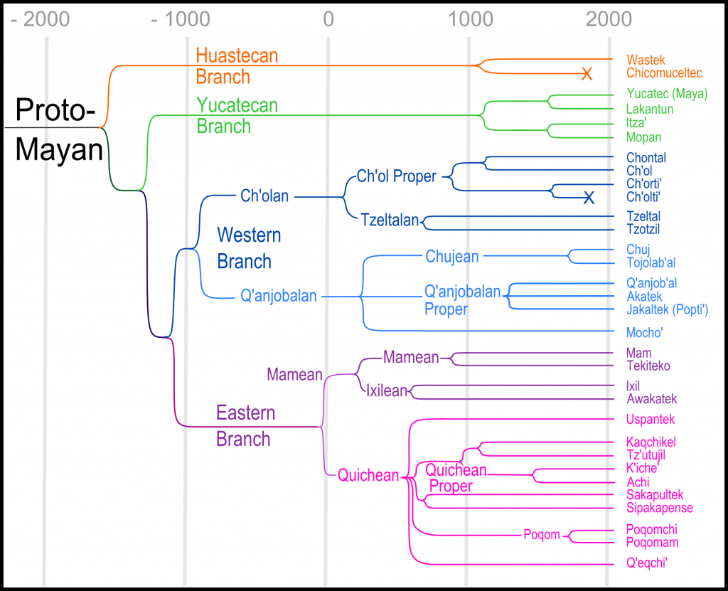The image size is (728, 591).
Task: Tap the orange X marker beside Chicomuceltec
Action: pyautogui.click(x=587, y=73)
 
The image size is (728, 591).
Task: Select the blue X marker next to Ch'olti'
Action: pyautogui.click(x=589, y=197)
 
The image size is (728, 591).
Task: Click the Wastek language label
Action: pyautogui.click(x=646, y=60)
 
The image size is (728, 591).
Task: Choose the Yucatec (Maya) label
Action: pyautogui.click(x=661, y=93)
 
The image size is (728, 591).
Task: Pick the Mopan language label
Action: pyautogui.click(x=643, y=137)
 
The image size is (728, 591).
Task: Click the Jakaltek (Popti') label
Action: pyautogui.click(x=667, y=309)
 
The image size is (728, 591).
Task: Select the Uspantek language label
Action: pyautogui.click(x=651, y=420)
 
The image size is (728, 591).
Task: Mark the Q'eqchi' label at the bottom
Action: pyautogui.click(x=648, y=564)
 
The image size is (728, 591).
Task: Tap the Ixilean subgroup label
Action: pyautogui.click(x=386, y=390)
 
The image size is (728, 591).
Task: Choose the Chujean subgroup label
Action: pyautogui.click(x=452, y=256)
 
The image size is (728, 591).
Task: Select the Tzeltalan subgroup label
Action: pyautogui.click(x=390, y=220)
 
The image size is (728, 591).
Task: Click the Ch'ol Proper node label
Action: pyautogui.click(x=396, y=176)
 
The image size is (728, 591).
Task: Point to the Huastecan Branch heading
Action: pyautogui.click(x=236, y=65)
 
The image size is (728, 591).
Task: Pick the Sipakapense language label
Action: pyautogui.click(x=659, y=508)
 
